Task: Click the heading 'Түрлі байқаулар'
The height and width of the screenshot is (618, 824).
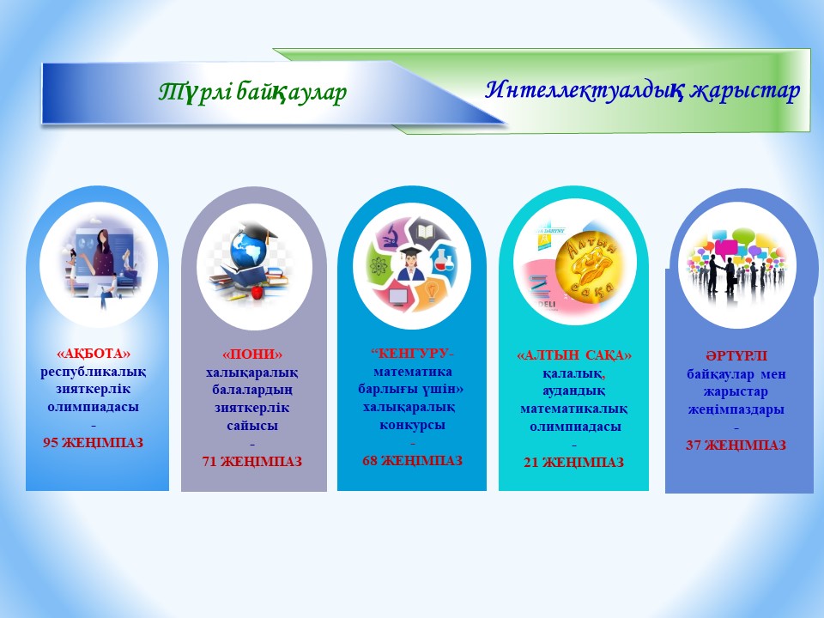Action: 252,92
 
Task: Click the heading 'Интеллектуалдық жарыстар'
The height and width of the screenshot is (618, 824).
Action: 642,90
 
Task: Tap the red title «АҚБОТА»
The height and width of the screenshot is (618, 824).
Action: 94,353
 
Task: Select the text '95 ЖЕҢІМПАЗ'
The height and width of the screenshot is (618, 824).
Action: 93,443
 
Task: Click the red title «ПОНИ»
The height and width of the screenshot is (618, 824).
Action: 252,354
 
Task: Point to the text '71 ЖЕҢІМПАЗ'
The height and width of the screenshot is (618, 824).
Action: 252,462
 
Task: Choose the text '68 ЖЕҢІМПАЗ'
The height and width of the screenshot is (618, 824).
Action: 413,460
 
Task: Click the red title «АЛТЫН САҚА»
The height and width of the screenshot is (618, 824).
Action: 574,355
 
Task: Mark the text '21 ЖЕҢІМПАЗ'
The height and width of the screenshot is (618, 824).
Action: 574,463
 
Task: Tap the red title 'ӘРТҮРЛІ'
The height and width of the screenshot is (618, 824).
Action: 736,356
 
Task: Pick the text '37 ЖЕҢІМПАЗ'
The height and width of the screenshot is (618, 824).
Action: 736,445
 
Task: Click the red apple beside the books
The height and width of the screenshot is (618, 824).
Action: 257,292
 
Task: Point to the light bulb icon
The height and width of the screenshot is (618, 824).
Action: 432,291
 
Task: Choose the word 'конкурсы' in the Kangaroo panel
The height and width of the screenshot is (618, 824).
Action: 413,425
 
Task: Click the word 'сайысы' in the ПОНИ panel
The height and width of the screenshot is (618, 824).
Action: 252,426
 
